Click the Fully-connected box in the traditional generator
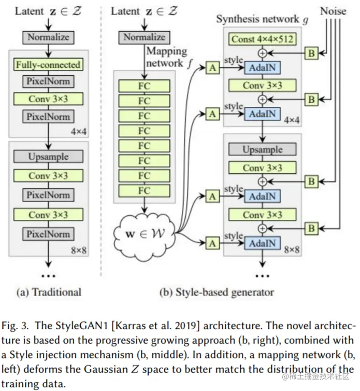(x=48, y=65)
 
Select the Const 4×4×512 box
(x=264, y=39)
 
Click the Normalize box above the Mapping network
(x=144, y=37)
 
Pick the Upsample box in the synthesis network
(x=263, y=149)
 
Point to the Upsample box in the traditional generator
(x=48, y=156)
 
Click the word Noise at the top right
(x=333, y=10)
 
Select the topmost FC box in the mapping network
(x=144, y=86)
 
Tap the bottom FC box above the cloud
(x=144, y=190)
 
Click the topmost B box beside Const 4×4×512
(x=311, y=53)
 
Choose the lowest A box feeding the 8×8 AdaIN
(x=212, y=242)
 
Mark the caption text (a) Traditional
(x=49, y=292)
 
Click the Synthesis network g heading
(x=258, y=19)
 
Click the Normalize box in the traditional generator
(x=48, y=37)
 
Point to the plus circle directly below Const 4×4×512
(x=263, y=53)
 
